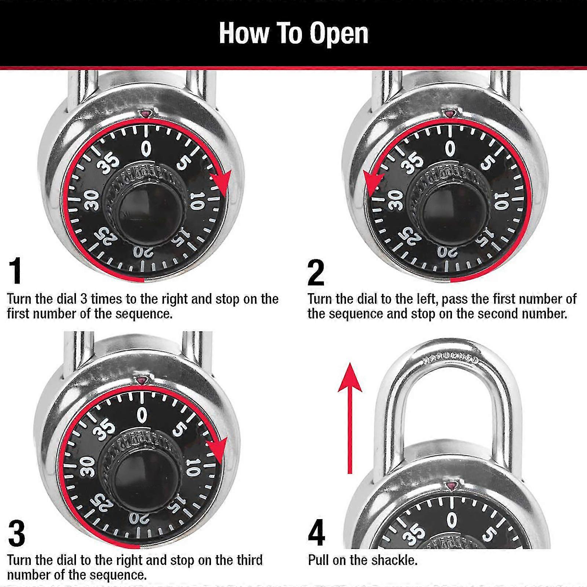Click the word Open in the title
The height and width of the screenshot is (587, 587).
pyautogui.click(x=338, y=34)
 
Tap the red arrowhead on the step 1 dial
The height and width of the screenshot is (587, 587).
pyautogui.click(x=221, y=182)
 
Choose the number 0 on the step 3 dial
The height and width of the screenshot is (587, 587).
pyautogui.click(x=142, y=416)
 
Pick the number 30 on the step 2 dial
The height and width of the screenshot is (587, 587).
pyautogui.click(x=395, y=200)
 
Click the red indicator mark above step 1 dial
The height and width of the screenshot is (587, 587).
pyautogui.click(x=145, y=114)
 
